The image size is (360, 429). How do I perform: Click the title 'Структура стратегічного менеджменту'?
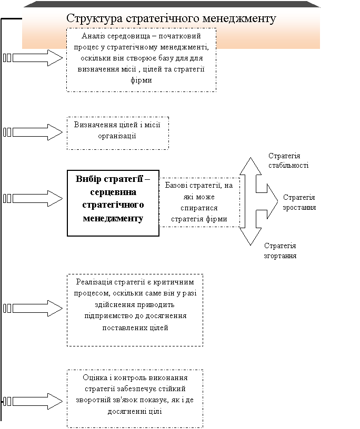click(x=171, y=18)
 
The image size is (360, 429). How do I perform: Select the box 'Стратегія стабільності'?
click(x=303, y=162)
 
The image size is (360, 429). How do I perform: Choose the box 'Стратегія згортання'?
click(x=299, y=252)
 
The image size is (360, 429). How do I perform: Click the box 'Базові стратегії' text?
click(x=199, y=202)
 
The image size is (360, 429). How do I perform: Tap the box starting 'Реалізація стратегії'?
click(x=134, y=309)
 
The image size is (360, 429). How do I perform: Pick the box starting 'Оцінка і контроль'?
click(x=135, y=398)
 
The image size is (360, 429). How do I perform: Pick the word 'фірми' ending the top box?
click(x=141, y=80)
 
